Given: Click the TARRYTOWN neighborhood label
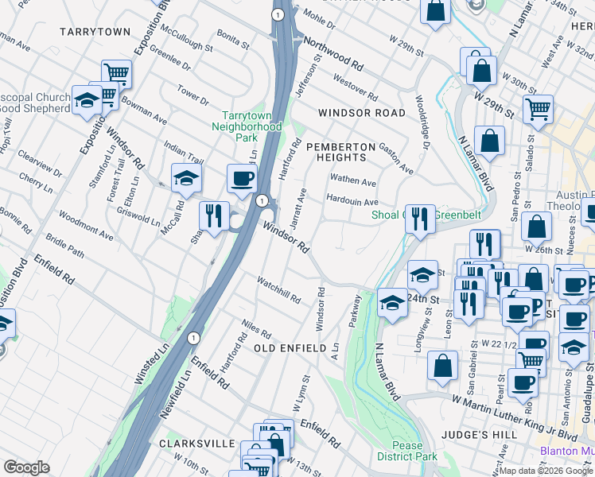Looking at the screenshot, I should pyautogui.click(x=94, y=31).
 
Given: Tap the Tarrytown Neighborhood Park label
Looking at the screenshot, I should pyautogui.click(x=251, y=126).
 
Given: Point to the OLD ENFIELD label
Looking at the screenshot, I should pyautogui.click(x=290, y=348).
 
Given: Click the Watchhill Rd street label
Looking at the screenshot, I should pyautogui.click(x=278, y=289).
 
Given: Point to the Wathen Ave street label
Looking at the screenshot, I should pyautogui.click(x=353, y=181).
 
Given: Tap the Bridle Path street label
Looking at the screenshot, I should pyautogui.click(x=65, y=246).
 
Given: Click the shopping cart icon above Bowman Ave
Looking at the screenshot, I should pyautogui.click(x=117, y=74).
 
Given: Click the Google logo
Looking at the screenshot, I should pyautogui.click(x=26, y=467).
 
